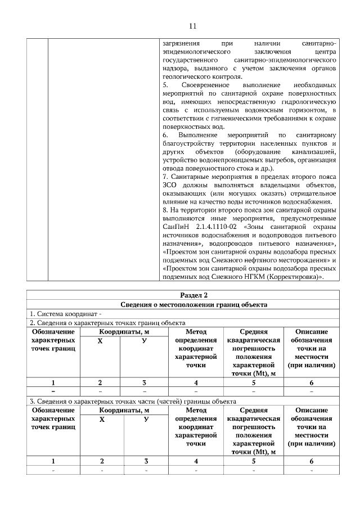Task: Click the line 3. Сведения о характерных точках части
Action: click(x=132, y=401)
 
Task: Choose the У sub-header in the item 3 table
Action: click(x=145, y=420)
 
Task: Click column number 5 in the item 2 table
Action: click(x=253, y=383)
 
